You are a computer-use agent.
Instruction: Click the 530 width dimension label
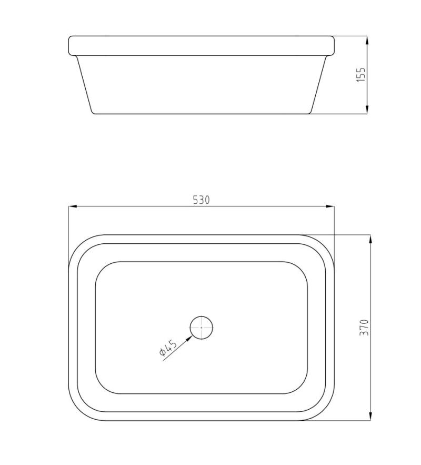coord(201,200)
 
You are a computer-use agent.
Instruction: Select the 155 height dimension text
coord(360,74)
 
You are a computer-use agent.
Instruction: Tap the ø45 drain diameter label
coord(167,349)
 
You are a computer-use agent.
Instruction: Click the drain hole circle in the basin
coord(202,328)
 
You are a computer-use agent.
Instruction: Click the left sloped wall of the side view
coord(85,84)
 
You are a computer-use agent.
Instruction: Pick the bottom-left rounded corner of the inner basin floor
coord(101,388)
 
